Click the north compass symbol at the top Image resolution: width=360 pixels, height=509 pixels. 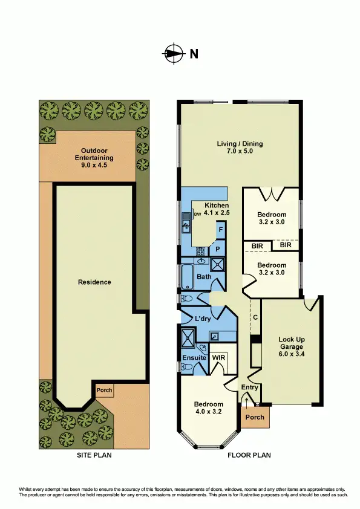coord(174,53)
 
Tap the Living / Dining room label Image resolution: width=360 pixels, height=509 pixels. coord(240,148)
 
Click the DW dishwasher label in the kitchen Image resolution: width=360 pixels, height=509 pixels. coord(197,214)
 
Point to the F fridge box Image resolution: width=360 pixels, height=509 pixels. coord(221,230)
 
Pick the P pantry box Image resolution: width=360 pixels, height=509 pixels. coord(217,248)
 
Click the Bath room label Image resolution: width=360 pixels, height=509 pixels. coord(203,277)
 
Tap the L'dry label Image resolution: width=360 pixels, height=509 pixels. coord(202,319)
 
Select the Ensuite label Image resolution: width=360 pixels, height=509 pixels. coord(194,358)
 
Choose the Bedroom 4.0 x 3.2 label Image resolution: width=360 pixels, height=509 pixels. coord(209,408)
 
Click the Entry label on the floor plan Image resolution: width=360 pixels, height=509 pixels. coord(250,387)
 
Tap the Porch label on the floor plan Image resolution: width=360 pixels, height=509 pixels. coord(255,417)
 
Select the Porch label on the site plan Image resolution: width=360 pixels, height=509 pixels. coord(105,391)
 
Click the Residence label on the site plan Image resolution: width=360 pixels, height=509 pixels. coord(94,282)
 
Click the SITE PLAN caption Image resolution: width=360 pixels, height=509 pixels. coord(94,456)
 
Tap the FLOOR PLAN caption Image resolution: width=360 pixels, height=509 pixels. coord(249,456)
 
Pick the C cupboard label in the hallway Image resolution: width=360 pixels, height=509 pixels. coord(256,317)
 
